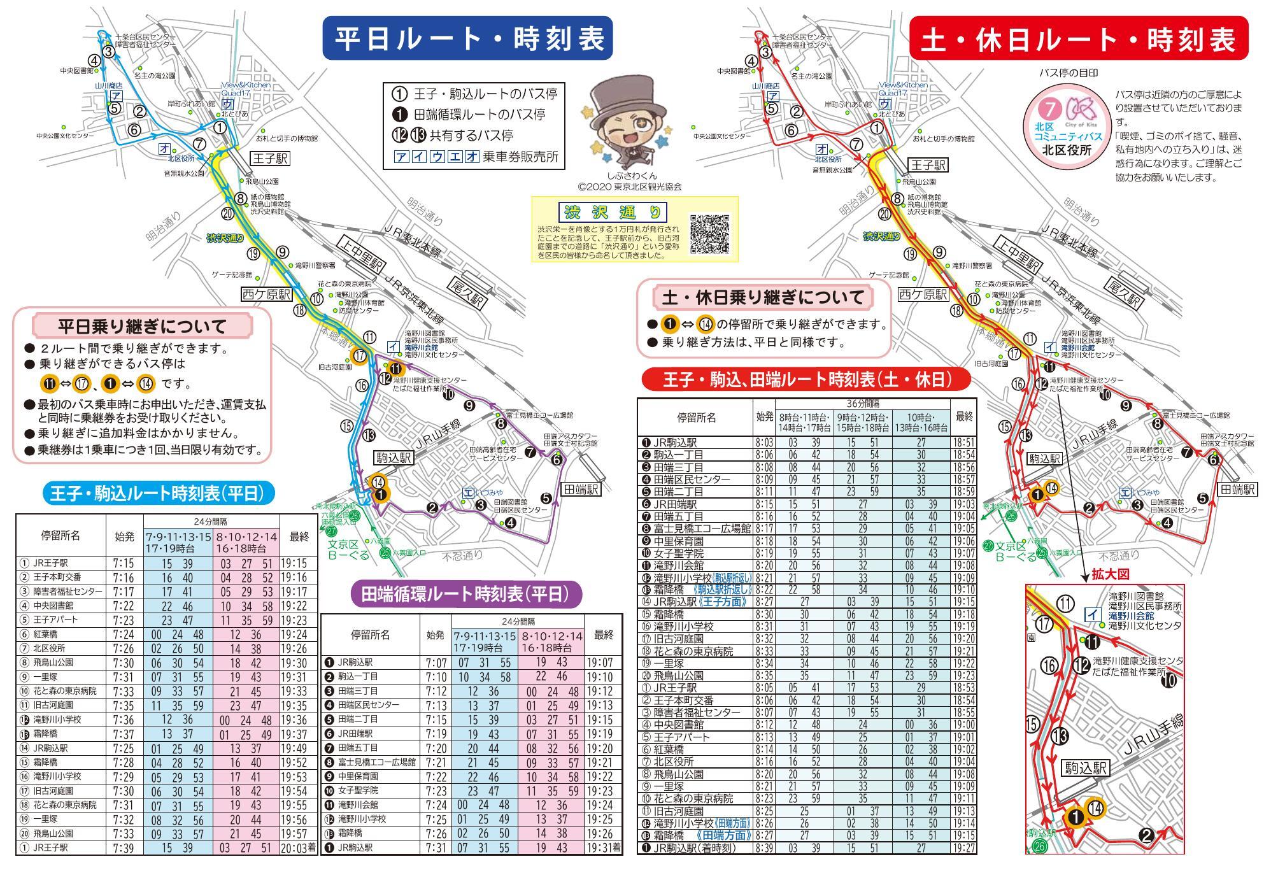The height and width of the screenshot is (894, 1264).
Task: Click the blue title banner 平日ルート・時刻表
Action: point(468,38)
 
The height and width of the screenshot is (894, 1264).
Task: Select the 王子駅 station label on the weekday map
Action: point(270,158)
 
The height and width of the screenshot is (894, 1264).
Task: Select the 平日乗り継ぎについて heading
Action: point(143,327)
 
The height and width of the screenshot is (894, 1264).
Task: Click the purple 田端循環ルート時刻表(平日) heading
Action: point(466,594)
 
